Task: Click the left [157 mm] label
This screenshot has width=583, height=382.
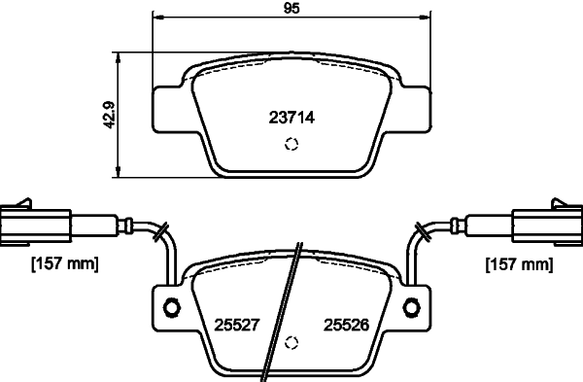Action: point(64,263)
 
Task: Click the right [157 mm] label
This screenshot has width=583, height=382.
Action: point(517,263)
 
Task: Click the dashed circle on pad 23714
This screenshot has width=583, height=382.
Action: point(291,146)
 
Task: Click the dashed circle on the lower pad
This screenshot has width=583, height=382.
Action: point(291,344)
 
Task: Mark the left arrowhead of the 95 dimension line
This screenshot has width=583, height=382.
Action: point(158,17)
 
